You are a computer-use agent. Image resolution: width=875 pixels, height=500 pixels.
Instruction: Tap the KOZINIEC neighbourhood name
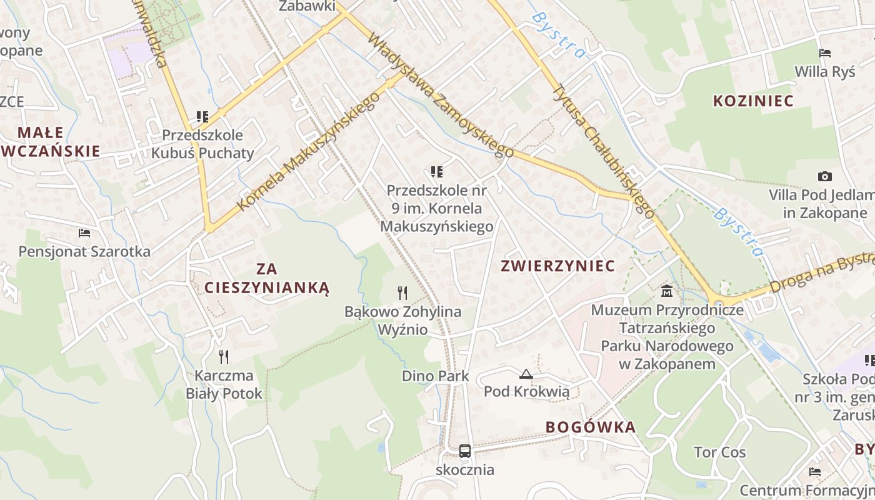click(753, 101)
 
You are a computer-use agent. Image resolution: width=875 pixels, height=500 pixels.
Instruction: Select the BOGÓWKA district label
click(591, 427)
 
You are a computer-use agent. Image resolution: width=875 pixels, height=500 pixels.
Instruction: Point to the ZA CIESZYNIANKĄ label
click(267, 278)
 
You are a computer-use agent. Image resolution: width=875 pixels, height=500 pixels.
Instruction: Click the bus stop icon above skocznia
click(465, 451)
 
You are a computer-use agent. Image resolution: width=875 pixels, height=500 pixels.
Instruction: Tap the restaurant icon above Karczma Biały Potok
click(224, 356)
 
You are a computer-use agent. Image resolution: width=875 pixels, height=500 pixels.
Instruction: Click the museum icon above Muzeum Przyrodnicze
click(667, 291)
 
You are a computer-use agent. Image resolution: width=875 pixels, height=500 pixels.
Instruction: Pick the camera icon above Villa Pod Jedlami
click(825, 177)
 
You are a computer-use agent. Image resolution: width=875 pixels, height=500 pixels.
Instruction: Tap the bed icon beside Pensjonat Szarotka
click(84, 233)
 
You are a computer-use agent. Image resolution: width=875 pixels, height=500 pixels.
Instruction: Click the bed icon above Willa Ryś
click(825, 53)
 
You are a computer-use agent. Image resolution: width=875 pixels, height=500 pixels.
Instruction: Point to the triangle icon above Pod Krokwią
click(526, 374)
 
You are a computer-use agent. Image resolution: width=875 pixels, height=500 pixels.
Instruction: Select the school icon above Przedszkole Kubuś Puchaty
click(202, 116)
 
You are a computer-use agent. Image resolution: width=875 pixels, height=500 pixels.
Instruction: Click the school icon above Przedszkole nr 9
click(437, 171)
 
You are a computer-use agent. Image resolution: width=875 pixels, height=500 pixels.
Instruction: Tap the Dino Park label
click(436, 376)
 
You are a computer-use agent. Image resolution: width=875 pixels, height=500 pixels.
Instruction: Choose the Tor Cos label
click(719, 452)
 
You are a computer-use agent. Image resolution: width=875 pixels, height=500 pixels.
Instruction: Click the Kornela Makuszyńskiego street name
click(309, 152)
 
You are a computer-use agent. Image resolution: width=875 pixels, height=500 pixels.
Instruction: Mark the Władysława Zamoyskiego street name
click(440, 94)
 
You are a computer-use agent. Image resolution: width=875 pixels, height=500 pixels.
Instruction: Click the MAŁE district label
click(41, 132)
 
